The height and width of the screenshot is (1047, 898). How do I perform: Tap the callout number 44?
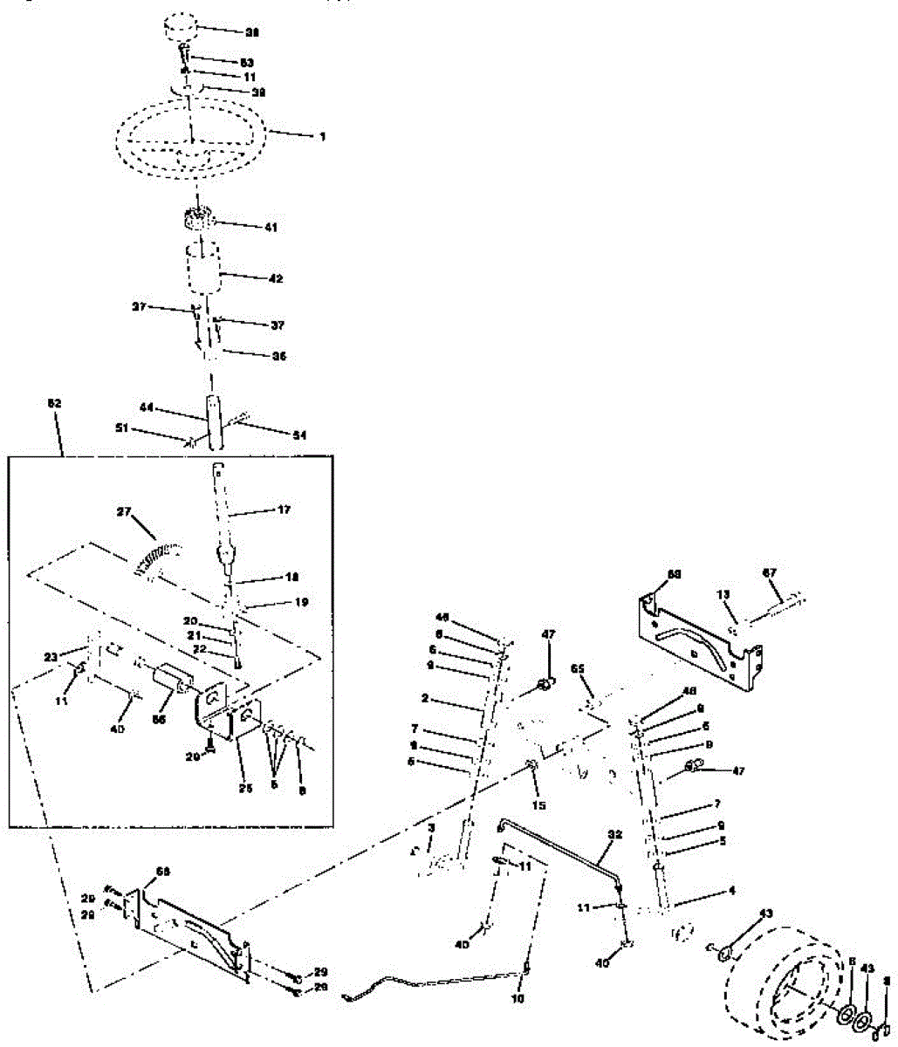[147, 407]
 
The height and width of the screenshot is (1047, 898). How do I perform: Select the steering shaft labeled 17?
[223, 515]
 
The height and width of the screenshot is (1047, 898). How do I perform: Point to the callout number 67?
[770, 572]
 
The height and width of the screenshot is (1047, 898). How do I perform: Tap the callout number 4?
[731, 891]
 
